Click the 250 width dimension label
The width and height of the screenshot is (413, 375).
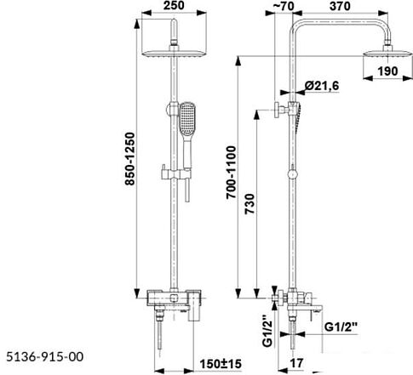(174, 5)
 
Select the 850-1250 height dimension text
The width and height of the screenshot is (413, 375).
(130, 159)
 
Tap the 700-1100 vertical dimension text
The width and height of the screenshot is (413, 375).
(231, 173)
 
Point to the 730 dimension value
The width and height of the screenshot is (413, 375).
(250, 203)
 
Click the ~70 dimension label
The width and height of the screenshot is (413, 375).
(284, 6)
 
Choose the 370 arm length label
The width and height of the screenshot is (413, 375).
(340, 6)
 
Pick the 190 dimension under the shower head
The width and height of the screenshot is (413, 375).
(387, 71)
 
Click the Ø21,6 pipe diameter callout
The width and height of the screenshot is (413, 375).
(322, 85)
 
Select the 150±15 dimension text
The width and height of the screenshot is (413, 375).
(221, 364)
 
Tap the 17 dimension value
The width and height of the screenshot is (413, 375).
(296, 363)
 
